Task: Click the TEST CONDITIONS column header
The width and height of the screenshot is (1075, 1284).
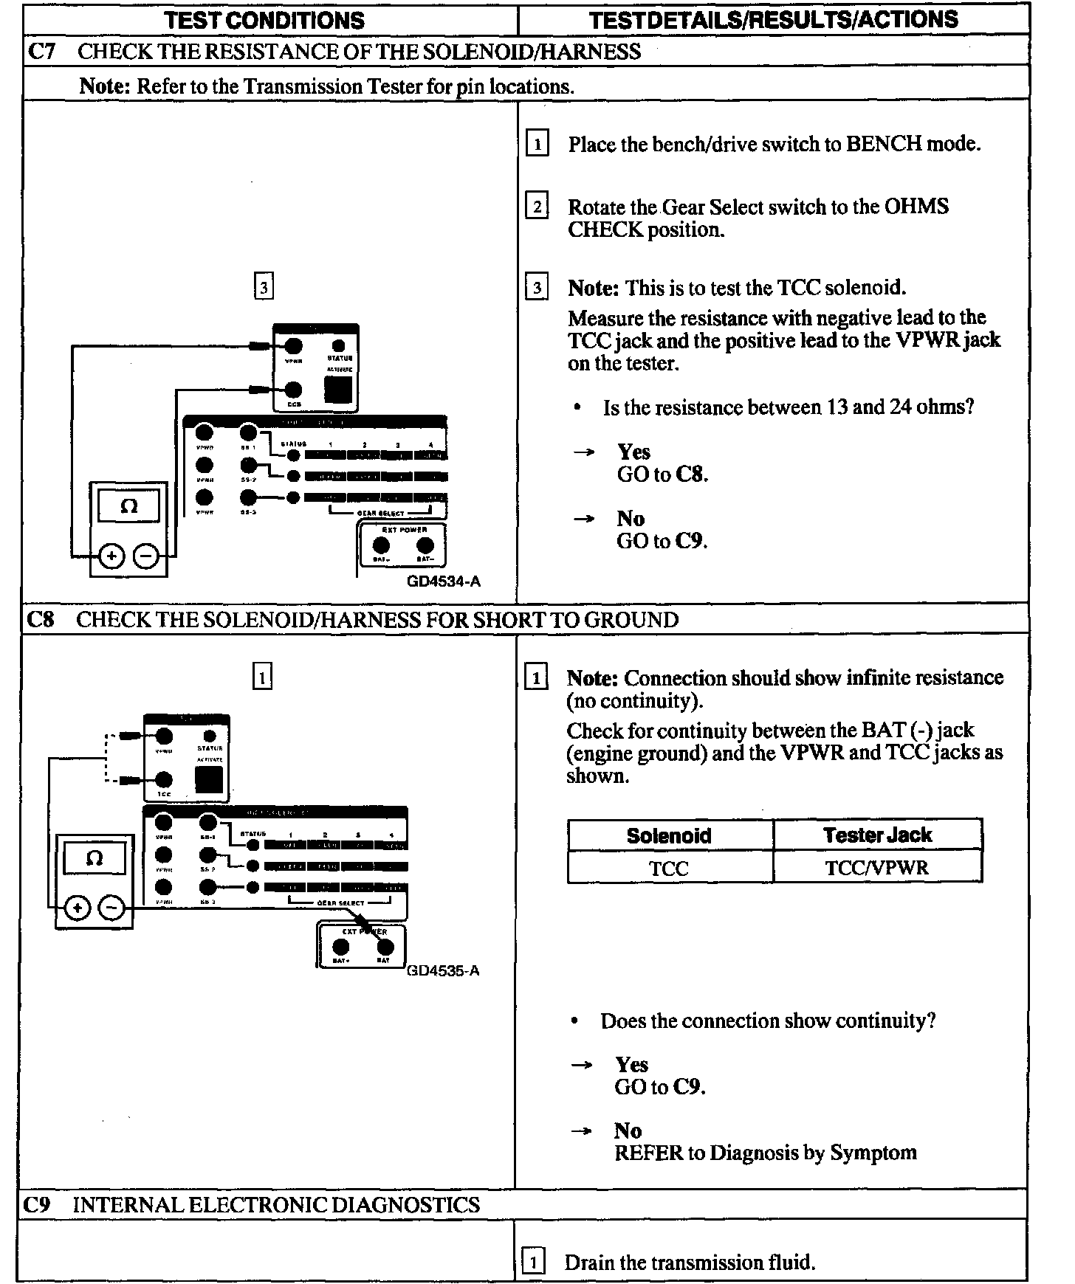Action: pyautogui.click(x=264, y=20)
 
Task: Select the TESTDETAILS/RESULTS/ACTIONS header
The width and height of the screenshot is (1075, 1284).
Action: pyautogui.click(x=773, y=19)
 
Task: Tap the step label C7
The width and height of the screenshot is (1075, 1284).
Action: pyautogui.click(x=41, y=52)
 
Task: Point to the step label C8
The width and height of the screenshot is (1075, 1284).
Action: pyautogui.click(x=41, y=619)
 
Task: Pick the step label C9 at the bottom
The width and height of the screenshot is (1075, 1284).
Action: pyautogui.click(x=37, y=1205)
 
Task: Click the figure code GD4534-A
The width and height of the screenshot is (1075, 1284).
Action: pyautogui.click(x=443, y=581)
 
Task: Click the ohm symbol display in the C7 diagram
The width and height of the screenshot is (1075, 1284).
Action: pyautogui.click(x=128, y=507)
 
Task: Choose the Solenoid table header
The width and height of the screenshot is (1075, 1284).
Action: pyautogui.click(x=669, y=835)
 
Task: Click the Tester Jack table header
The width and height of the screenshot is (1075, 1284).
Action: pyautogui.click(x=877, y=835)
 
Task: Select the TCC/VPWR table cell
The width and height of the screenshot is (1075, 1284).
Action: pyautogui.click(x=877, y=868)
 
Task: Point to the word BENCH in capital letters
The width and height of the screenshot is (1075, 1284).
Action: pyautogui.click(x=884, y=144)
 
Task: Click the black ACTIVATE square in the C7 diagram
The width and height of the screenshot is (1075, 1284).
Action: pyautogui.click(x=337, y=390)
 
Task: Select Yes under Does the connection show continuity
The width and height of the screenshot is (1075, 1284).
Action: pyautogui.click(x=632, y=1065)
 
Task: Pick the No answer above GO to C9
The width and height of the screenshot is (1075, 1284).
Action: pyautogui.click(x=631, y=519)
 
